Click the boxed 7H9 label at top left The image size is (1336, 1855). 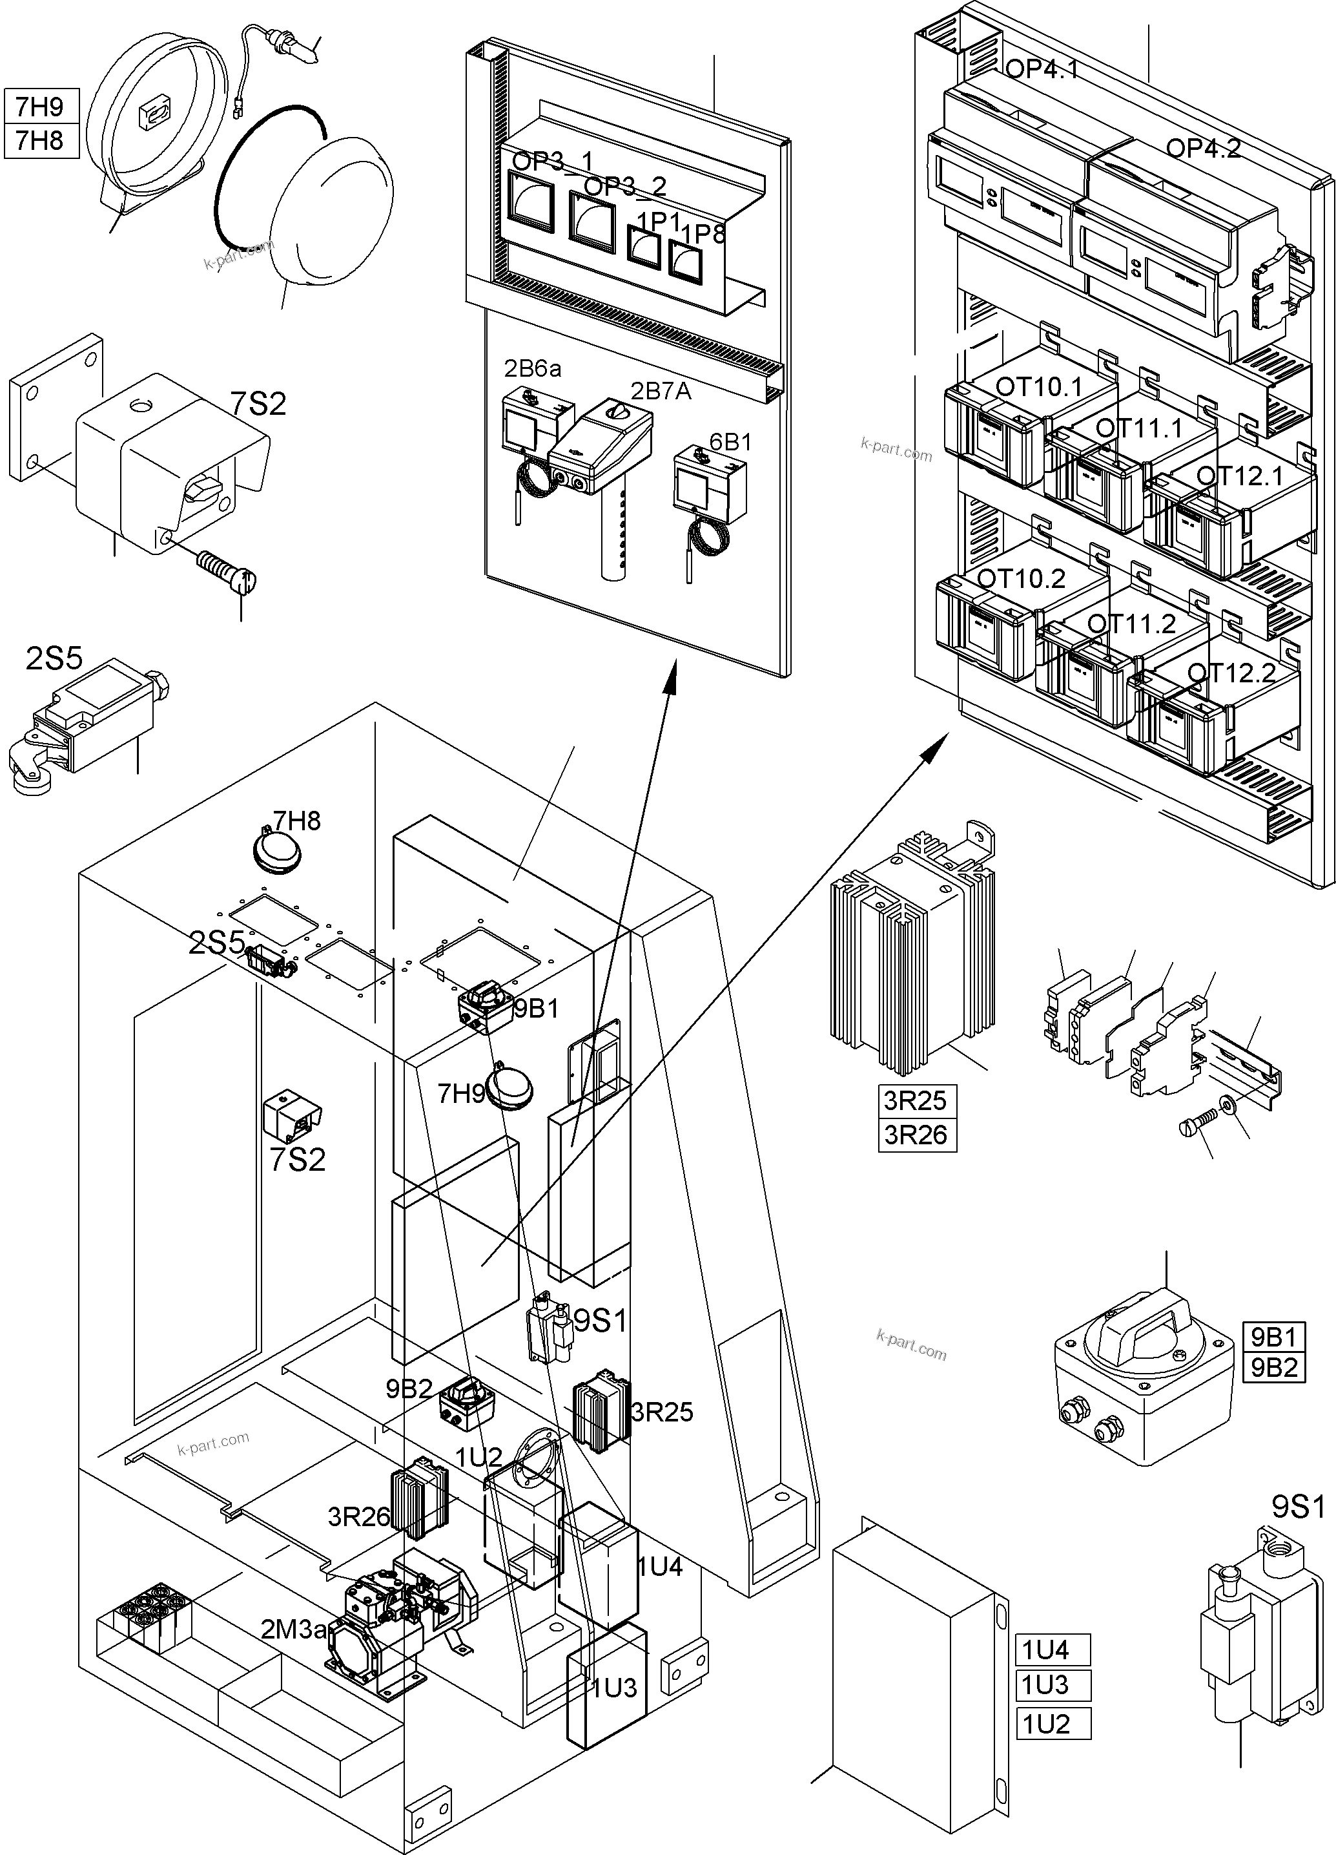click(40, 107)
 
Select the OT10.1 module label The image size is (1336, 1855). click(1038, 387)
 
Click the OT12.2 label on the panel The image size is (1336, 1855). click(1231, 673)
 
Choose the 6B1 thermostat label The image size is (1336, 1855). click(730, 443)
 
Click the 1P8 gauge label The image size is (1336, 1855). click(703, 235)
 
